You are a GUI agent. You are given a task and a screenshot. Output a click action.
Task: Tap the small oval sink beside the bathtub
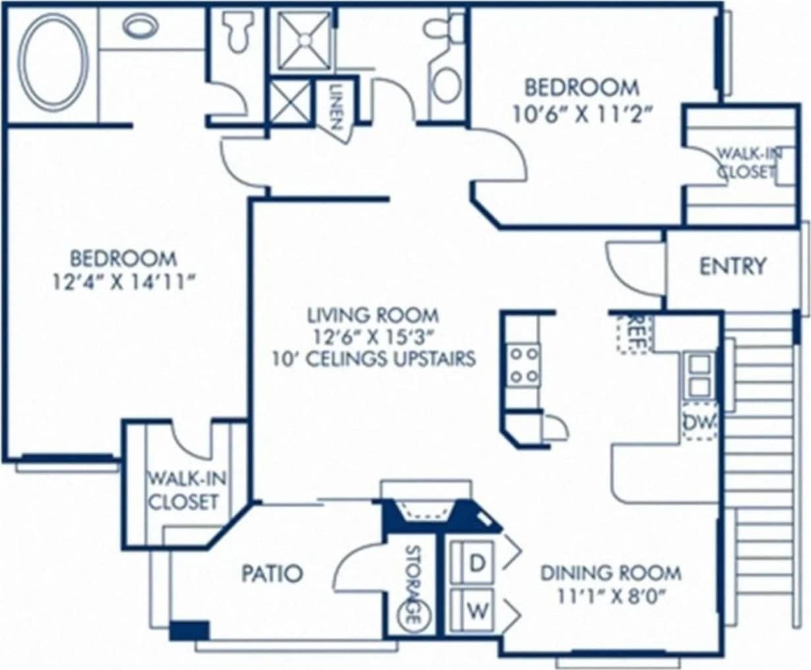(x=140, y=26)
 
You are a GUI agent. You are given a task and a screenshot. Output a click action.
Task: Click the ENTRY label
(x=733, y=266)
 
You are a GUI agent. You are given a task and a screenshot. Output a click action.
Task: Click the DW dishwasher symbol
(x=699, y=422)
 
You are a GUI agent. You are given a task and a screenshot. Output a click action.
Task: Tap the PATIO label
(x=272, y=573)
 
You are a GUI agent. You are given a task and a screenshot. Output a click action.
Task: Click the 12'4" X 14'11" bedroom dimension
(x=125, y=282)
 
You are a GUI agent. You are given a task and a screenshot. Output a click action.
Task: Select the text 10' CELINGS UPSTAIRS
(x=373, y=359)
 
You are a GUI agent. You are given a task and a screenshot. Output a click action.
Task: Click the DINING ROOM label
(x=611, y=572)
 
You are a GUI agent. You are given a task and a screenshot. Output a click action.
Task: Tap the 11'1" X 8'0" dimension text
(x=611, y=598)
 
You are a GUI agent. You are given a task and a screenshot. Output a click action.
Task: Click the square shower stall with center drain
(x=304, y=40)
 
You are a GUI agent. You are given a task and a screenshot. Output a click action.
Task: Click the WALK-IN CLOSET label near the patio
(x=182, y=489)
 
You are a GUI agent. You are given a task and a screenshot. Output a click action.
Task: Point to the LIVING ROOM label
(x=373, y=315)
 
